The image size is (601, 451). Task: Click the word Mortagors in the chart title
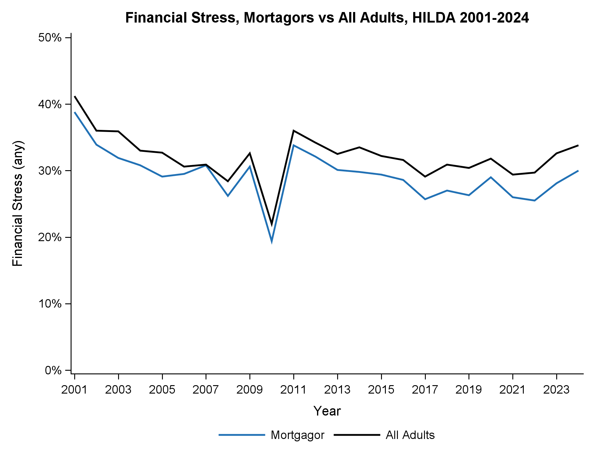click(x=279, y=18)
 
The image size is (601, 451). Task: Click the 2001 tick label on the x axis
click(x=74, y=390)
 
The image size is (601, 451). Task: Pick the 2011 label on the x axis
click(x=293, y=390)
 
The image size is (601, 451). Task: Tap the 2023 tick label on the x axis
click(x=556, y=390)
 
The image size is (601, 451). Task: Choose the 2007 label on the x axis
click(x=206, y=390)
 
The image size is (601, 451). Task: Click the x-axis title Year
click(x=327, y=411)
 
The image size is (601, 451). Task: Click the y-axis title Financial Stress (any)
click(x=18, y=204)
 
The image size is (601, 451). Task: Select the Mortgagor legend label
click(x=297, y=435)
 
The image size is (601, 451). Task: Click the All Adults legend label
click(x=410, y=435)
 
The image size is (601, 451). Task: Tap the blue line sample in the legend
click(x=242, y=435)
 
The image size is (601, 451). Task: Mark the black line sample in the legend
click(x=357, y=435)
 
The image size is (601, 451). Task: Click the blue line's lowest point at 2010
click(x=272, y=241)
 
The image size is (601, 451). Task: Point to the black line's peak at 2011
click(x=294, y=131)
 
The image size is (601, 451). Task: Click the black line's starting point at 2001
click(x=75, y=97)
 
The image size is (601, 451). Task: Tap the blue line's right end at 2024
click(x=578, y=171)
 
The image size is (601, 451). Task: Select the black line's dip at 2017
click(x=425, y=176)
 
